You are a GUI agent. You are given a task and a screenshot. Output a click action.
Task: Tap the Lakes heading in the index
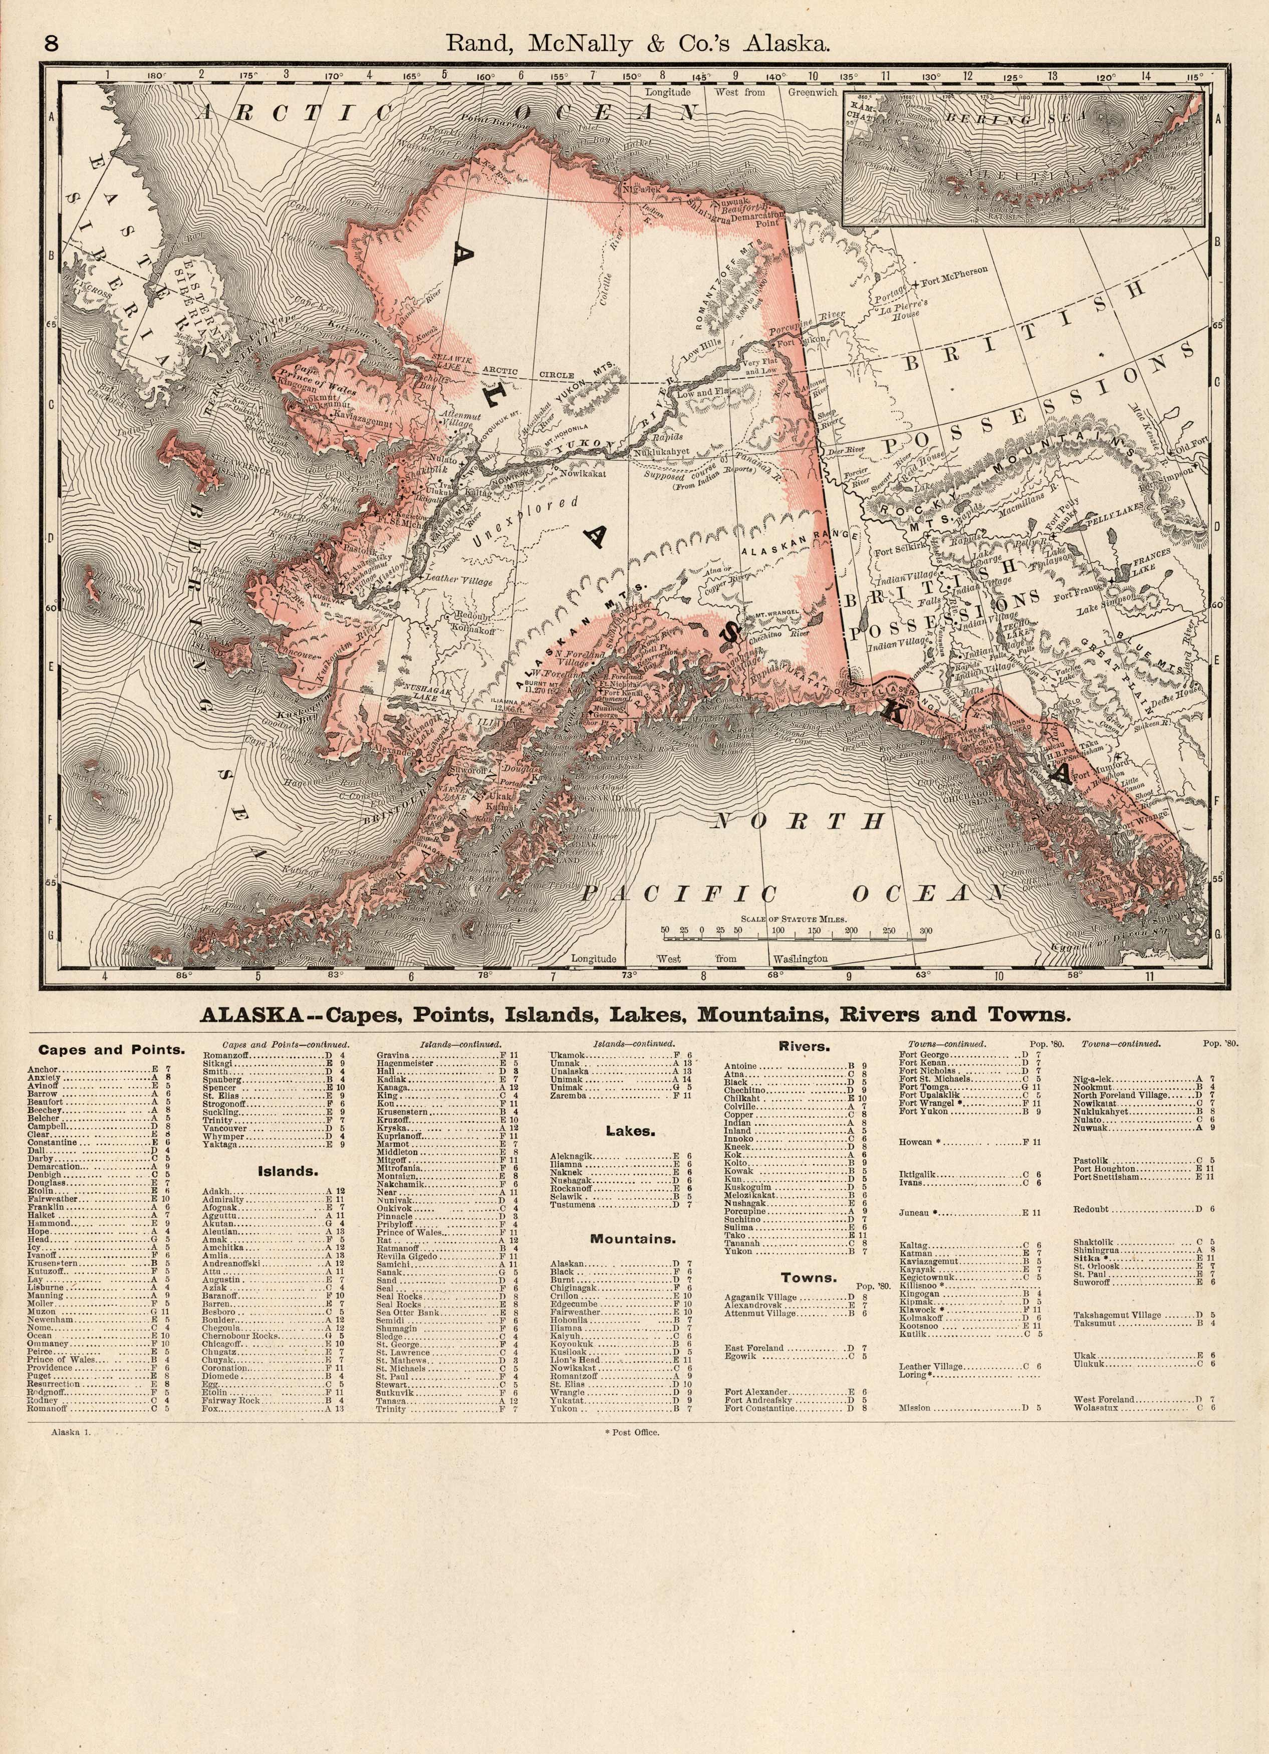click(x=630, y=1131)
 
